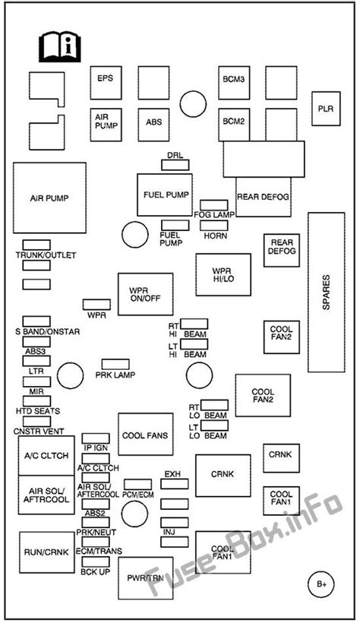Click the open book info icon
[59, 48]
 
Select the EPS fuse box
[106, 83]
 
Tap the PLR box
[326, 109]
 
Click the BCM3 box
[234, 83]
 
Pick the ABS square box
[153, 125]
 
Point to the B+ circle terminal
[321, 584]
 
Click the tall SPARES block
[327, 293]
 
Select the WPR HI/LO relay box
[223, 274]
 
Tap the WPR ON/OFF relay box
[145, 294]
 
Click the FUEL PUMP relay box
[165, 194]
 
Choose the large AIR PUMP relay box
[49, 198]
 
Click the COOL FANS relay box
[145, 435]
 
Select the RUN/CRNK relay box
[47, 552]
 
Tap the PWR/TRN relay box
[145, 578]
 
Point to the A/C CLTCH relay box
[46, 456]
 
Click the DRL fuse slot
[175, 165]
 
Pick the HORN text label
[216, 236]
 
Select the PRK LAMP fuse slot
[115, 365]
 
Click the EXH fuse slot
[175, 483]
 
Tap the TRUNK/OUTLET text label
[46, 255]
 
